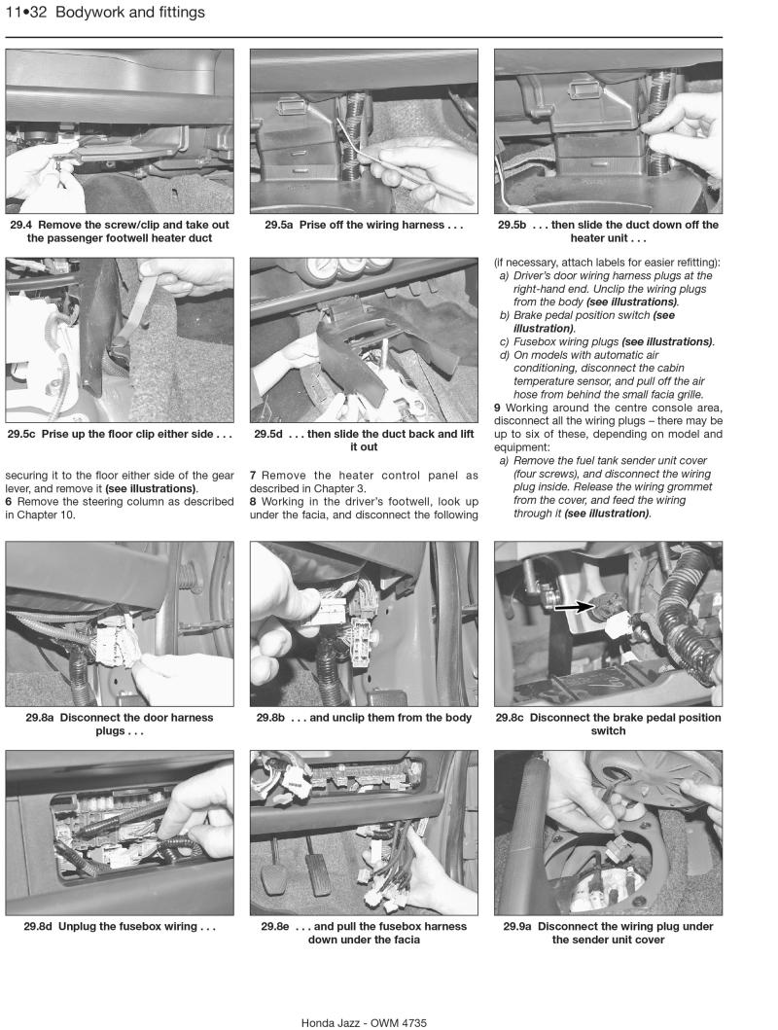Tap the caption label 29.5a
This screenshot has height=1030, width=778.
(280, 225)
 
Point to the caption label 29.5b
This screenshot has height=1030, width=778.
(514, 225)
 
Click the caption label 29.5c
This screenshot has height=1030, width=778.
(24, 435)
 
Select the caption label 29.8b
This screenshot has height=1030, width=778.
(273, 718)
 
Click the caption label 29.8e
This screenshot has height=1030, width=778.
(277, 927)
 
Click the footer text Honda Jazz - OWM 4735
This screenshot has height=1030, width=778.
(364, 1022)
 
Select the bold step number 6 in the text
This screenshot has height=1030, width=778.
(9, 502)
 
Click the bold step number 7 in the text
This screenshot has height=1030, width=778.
(253, 476)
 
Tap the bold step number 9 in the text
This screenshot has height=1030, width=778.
(497, 408)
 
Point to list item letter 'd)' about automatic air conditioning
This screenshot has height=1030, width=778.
(505, 356)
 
